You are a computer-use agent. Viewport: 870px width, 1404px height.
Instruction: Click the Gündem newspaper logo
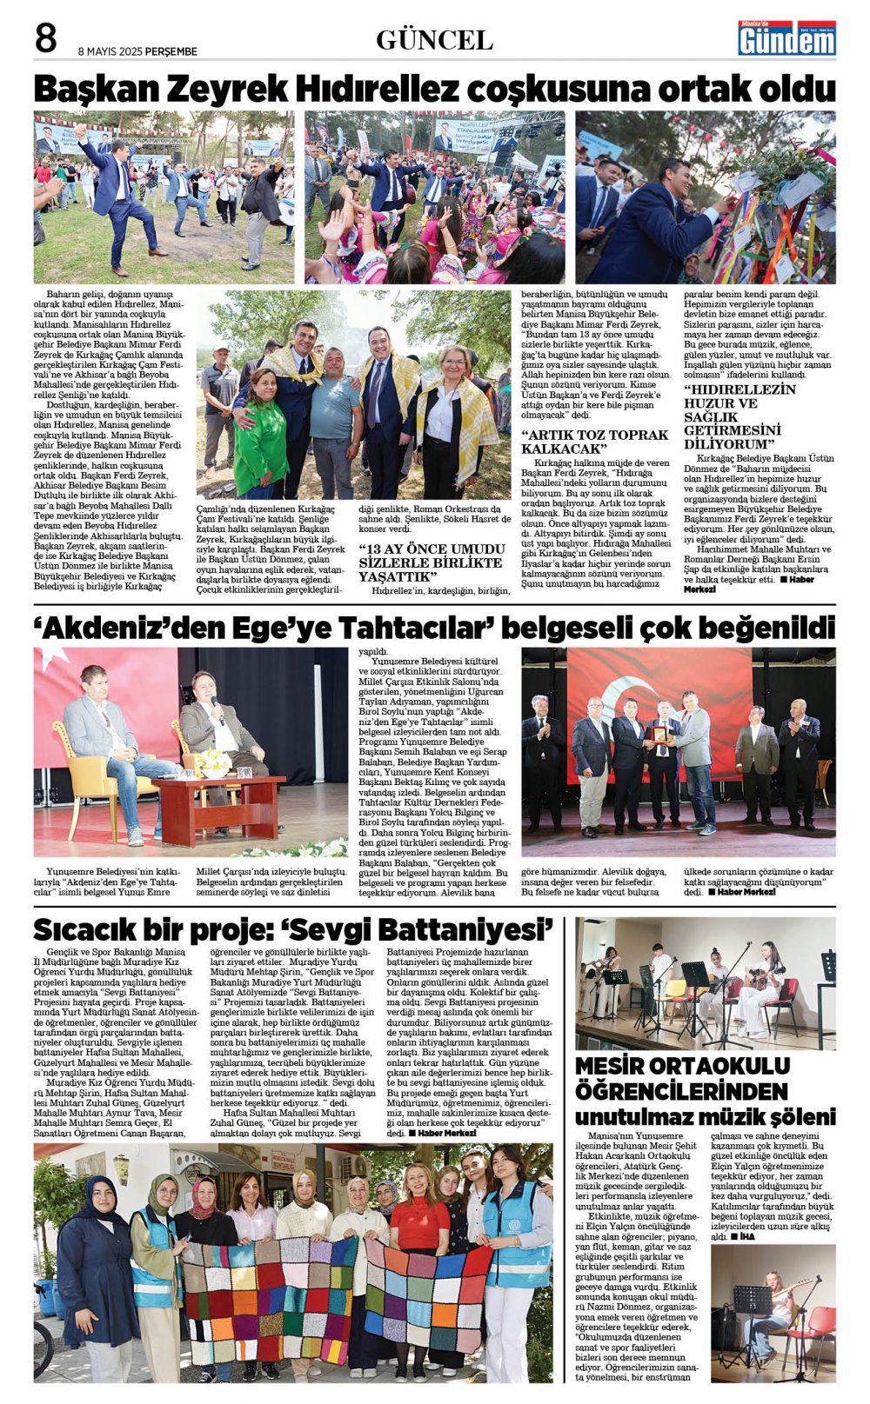coord(786,38)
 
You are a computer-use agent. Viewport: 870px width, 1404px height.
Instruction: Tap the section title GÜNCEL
coord(434,40)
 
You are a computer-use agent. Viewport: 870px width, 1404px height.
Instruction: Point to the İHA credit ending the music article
coord(748,1236)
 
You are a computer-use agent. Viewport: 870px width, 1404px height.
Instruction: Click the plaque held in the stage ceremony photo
coord(660,735)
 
